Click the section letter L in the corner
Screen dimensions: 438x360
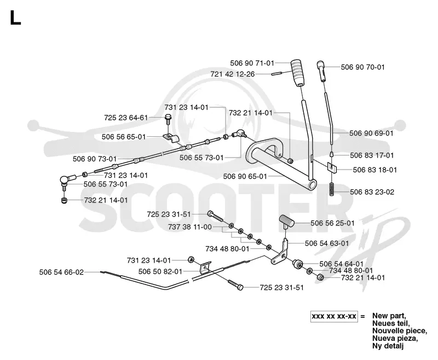point(15,18)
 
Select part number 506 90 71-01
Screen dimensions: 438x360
point(252,63)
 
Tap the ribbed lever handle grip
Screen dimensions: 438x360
point(297,72)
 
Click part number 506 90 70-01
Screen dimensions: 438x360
point(362,67)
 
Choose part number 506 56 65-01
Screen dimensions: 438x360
point(124,137)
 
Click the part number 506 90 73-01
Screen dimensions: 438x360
point(95,159)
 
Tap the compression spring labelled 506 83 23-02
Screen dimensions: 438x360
point(332,189)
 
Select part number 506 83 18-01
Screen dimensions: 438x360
point(375,170)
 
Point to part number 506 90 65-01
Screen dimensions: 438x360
point(245,177)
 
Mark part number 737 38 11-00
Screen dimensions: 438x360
point(190,227)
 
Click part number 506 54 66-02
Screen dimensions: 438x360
point(61,272)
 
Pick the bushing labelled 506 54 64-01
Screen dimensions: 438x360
point(297,264)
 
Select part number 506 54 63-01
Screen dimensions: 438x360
point(327,243)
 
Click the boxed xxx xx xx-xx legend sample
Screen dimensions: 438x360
point(334,316)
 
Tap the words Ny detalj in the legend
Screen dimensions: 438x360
point(388,346)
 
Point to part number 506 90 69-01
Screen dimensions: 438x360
point(371,133)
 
